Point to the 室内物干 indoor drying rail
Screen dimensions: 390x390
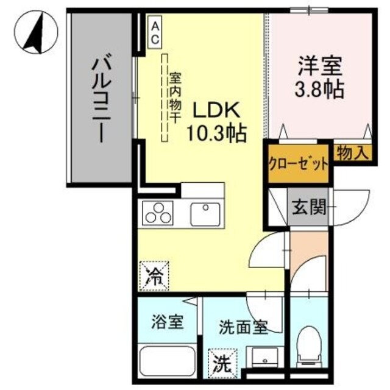[x=165, y=97]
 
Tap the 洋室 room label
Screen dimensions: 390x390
[x=320, y=66]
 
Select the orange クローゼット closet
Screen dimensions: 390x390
[x=299, y=163]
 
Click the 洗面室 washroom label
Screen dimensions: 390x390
[x=243, y=328]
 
